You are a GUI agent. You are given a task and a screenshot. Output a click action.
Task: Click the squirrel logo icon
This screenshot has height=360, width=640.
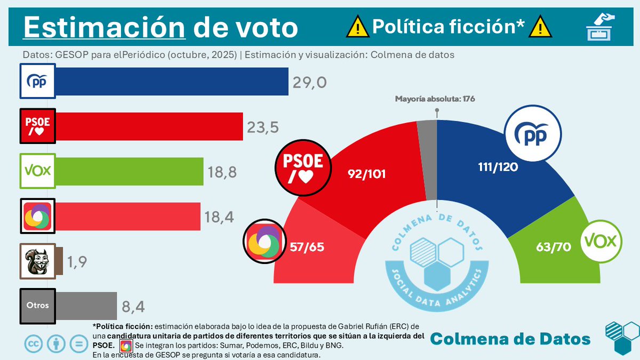pos(37,261)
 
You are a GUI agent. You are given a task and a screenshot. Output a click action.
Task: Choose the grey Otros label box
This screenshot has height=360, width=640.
pos(37,306)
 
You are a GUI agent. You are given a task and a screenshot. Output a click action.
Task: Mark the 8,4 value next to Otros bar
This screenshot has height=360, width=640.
pos(133,307)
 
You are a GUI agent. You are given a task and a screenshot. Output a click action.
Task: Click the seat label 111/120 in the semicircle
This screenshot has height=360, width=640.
pos(498,166)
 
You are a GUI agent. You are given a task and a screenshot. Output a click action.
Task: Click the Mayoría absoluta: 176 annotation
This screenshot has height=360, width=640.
pos(435,99)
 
